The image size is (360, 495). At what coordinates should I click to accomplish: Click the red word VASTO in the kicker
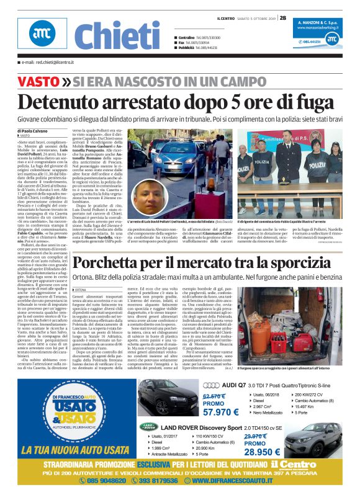point(38,82)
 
